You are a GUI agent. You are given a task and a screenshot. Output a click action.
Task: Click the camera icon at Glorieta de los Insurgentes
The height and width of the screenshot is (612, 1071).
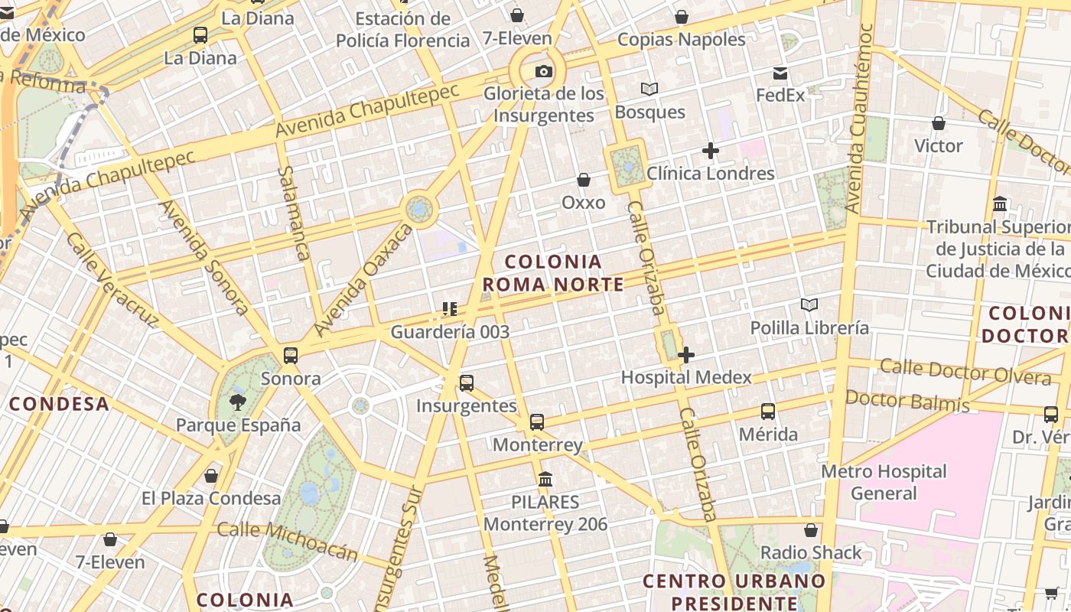[x=543, y=72]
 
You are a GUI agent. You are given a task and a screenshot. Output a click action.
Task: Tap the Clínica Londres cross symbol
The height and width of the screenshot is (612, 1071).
[x=711, y=151]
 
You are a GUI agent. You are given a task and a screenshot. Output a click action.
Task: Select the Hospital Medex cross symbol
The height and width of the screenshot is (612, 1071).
[x=686, y=354]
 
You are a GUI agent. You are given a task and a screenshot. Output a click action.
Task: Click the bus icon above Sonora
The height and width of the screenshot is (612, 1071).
[x=291, y=355]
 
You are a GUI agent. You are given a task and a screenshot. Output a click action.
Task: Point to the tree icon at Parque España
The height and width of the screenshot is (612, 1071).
[x=238, y=402]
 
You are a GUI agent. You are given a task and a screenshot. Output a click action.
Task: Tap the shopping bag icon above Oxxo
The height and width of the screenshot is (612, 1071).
[x=584, y=180]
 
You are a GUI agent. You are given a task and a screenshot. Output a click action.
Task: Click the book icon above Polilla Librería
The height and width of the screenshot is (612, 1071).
[x=809, y=304]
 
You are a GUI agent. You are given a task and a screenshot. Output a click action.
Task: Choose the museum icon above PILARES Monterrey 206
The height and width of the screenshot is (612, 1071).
[x=545, y=480]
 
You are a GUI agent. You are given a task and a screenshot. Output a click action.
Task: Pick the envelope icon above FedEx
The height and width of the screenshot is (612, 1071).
[x=780, y=73]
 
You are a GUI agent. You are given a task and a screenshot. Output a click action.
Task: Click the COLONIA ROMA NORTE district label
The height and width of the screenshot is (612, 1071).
[x=553, y=273]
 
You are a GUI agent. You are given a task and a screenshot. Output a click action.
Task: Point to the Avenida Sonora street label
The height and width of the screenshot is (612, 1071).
[x=204, y=256]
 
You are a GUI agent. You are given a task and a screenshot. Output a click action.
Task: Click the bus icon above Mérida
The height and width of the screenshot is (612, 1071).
[x=768, y=412]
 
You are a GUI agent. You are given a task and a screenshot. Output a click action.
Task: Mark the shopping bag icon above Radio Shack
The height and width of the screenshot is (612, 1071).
[x=811, y=530]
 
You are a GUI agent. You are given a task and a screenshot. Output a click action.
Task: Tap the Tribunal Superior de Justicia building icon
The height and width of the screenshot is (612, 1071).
[x=1000, y=204]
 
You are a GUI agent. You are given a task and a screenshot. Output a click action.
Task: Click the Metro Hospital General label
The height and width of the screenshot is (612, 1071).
[x=884, y=482]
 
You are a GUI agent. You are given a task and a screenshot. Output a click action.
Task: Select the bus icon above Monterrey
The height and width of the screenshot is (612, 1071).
[x=537, y=422]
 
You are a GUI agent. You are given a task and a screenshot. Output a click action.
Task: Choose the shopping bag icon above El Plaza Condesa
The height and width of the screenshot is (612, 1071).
[x=211, y=476]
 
